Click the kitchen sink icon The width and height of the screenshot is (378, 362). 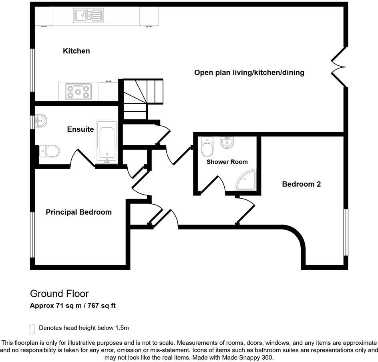[x=88, y=16]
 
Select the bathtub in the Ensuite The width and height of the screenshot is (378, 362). [x=107, y=142]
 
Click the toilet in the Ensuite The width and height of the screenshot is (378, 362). [x=50, y=151]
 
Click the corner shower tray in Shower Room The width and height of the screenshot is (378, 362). [x=247, y=181]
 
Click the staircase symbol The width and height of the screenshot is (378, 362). [x=142, y=98]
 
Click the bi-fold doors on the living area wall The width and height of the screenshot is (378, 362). [x=338, y=67]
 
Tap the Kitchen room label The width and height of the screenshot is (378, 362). [x=76, y=51]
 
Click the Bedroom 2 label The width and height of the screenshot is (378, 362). [x=302, y=184]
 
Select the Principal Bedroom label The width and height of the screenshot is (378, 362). [x=78, y=212]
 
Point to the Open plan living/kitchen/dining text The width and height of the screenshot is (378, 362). [x=249, y=72]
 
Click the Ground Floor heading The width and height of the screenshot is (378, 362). [x=59, y=294]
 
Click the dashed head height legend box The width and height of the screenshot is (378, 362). [x=32, y=328]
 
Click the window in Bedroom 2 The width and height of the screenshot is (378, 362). [x=346, y=231]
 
